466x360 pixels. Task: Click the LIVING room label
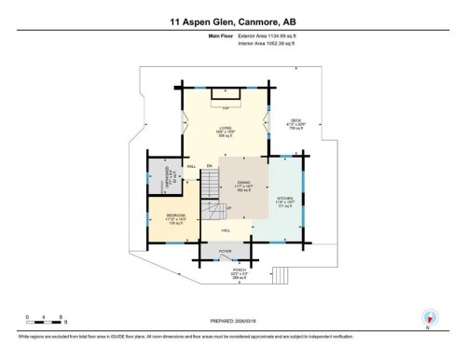[x=224, y=131]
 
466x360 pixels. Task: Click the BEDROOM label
[x=175, y=215]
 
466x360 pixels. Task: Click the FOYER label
[x=225, y=251]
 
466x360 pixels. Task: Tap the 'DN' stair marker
[x=210, y=166]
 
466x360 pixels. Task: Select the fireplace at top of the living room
[x=226, y=95]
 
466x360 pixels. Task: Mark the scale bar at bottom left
[x=45, y=323]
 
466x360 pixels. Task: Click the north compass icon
[x=430, y=317]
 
